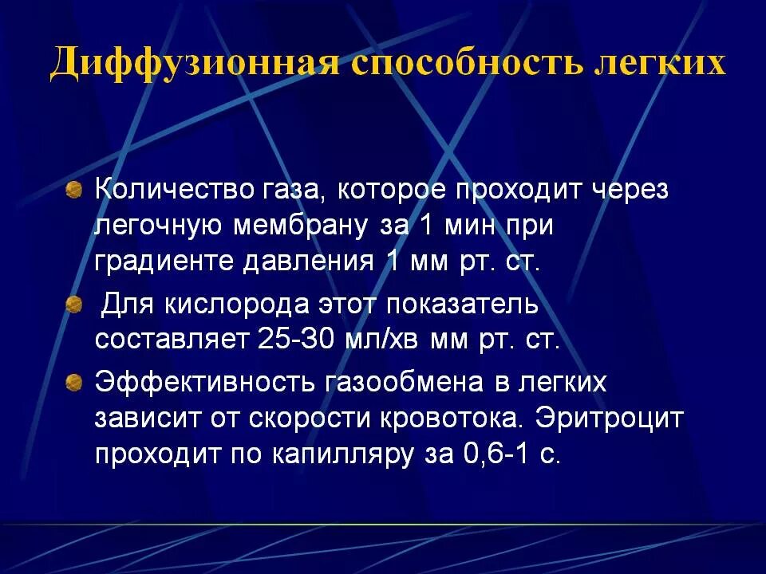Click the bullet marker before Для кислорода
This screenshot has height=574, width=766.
(73, 305)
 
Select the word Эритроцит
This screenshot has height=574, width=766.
(610, 418)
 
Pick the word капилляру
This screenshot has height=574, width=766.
(328, 453)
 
